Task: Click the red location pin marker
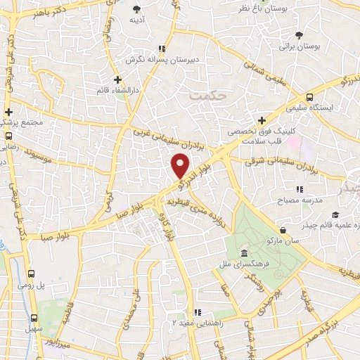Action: tap(181, 166)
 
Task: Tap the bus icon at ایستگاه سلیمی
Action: tap(310, 98)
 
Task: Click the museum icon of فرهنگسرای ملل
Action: tap(244, 253)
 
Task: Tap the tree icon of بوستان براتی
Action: tap(300, 34)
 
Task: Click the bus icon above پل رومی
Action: tap(31, 274)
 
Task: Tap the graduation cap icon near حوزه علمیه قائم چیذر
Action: tap(336, 214)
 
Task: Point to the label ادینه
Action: tap(136, 21)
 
